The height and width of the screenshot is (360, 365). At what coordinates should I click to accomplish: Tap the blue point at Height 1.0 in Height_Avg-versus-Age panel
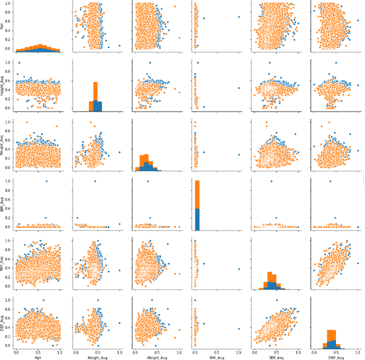19,63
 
